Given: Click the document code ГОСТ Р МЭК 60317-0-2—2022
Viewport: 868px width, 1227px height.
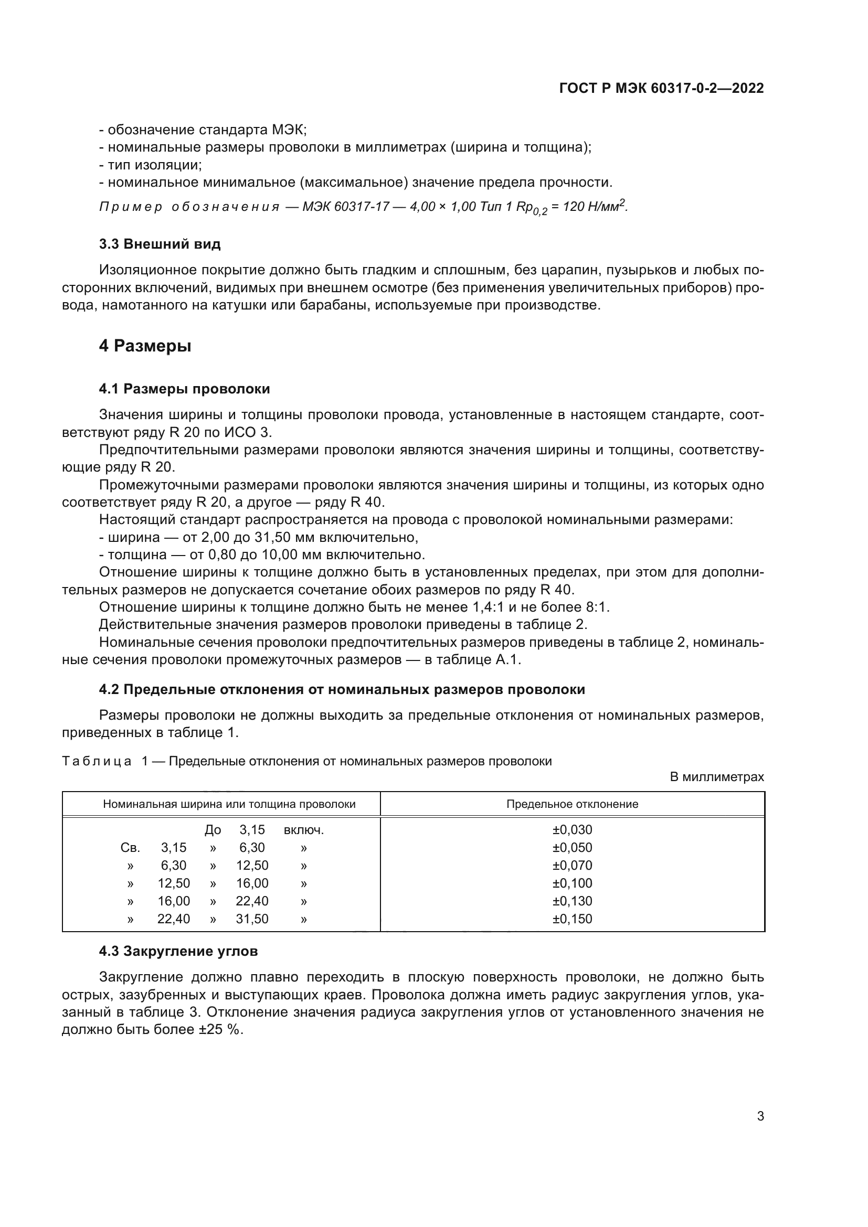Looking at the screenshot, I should point(661,89).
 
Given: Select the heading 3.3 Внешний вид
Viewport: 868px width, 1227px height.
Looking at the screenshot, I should point(160,244).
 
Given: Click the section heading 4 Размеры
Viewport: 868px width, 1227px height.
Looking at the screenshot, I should point(145,346).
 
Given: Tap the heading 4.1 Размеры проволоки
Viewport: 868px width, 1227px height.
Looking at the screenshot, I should point(184,389).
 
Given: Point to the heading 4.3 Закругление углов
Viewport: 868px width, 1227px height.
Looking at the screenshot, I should point(178,951).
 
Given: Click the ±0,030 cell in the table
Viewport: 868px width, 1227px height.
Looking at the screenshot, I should point(572,830).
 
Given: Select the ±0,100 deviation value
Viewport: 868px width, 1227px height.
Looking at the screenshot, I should point(572,883).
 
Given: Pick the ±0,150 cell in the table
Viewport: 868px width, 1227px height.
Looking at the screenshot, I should point(572,919).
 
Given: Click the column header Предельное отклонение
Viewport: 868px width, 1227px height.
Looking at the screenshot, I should point(572,804).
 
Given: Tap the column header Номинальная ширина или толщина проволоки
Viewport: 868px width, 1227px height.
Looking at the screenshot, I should point(229,804).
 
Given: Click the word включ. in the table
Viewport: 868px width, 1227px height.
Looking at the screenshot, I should point(303,830).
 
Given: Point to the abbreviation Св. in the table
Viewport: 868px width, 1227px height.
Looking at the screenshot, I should point(131,848).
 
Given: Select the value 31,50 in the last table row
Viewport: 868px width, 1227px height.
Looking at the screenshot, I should point(252,919).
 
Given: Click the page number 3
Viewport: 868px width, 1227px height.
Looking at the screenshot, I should point(760,1116).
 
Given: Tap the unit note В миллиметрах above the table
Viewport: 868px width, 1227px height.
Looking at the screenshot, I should point(717,777).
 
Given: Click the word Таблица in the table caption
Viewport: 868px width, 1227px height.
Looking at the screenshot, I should point(97,761).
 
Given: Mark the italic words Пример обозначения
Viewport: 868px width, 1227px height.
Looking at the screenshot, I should point(189,207).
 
